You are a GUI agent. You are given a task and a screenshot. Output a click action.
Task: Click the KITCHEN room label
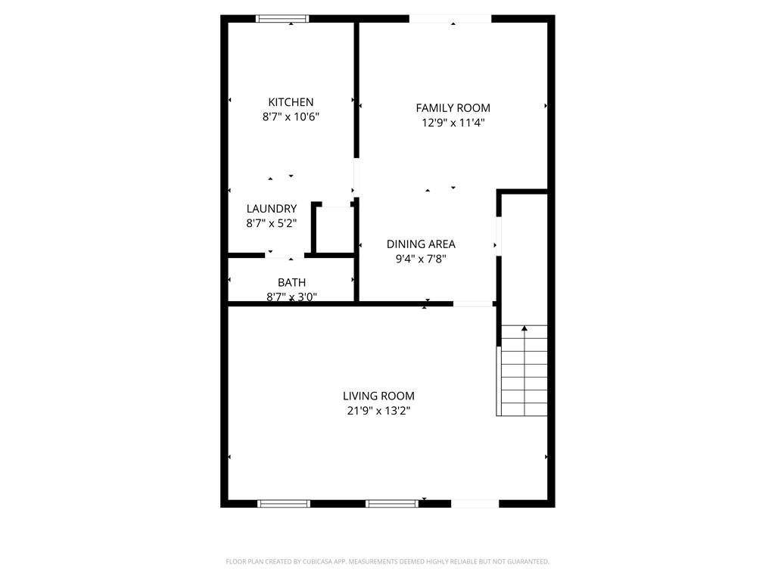click(291, 102)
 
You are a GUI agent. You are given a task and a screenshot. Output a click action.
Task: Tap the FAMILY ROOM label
click(453, 108)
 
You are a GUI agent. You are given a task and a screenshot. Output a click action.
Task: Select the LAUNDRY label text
click(271, 209)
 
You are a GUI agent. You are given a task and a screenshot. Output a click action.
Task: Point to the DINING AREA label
click(421, 244)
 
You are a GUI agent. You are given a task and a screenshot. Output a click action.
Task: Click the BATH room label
click(291, 282)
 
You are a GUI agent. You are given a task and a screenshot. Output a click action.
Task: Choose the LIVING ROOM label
click(378, 396)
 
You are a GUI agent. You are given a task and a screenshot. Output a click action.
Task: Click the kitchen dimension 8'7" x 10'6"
click(291, 117)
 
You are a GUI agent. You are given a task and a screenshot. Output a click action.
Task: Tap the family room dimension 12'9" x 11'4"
click(453, 123)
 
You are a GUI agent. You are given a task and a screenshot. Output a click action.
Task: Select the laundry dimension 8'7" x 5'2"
click(271, 223)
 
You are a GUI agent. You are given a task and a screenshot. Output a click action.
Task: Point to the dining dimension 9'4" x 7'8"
click(421, 259)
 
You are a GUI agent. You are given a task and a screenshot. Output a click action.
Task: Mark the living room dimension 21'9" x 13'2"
click(378, 411)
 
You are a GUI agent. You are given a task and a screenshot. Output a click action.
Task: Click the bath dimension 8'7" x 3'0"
click(291, 297)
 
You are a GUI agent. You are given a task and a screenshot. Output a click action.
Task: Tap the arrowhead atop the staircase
click(524, 328)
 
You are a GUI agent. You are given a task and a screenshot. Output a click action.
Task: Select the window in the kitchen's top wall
click(282, 19)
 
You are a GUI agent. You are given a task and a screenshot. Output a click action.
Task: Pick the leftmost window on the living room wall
click(284, 503)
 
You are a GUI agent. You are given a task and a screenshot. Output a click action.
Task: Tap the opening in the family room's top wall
click(450, 19)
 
